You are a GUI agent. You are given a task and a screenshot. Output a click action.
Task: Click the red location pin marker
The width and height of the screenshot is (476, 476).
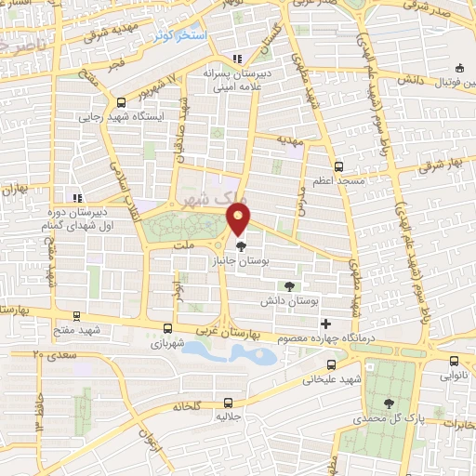238,219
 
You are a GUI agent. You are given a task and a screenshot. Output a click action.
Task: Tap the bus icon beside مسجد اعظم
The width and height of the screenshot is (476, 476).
339,167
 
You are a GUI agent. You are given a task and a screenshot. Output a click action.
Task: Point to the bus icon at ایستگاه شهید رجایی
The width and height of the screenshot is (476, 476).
122,103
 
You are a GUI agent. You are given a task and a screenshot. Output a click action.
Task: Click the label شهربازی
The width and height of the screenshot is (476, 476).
167,342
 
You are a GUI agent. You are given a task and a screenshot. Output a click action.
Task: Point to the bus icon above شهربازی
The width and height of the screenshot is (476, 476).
167,327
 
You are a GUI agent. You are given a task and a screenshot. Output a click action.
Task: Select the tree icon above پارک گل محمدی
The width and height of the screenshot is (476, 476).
389,403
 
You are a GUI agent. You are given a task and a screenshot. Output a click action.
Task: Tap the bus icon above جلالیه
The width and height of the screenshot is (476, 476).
229,403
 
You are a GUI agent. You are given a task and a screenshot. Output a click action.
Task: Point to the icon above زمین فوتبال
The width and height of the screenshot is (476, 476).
459,69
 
